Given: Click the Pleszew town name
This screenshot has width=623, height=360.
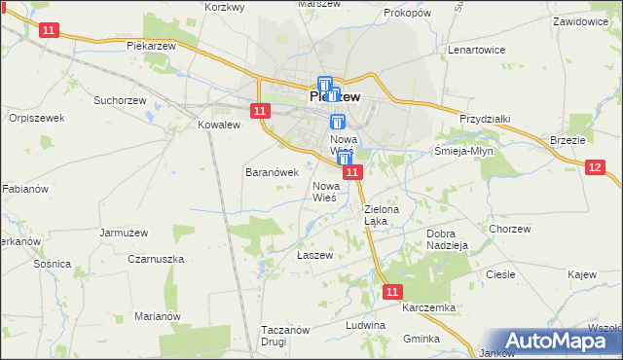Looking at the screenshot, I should coord(335,97).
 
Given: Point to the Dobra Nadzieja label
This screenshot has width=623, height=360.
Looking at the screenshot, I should coord(449,239).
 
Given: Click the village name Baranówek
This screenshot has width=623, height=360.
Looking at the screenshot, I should coord(270,172).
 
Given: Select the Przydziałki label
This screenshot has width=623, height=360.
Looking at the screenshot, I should coord(485,119).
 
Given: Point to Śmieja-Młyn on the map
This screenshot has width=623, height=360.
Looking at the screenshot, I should coord(465,151).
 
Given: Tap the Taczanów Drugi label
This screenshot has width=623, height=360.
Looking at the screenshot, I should coord(285,336).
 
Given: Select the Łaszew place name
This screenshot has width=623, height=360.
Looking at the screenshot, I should coord(314,255).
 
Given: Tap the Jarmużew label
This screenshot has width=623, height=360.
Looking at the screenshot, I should coord(123,233).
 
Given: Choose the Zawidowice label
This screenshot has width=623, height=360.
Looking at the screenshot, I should coord(586,20).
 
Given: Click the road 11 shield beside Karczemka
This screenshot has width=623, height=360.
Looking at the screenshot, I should coord(391,291).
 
